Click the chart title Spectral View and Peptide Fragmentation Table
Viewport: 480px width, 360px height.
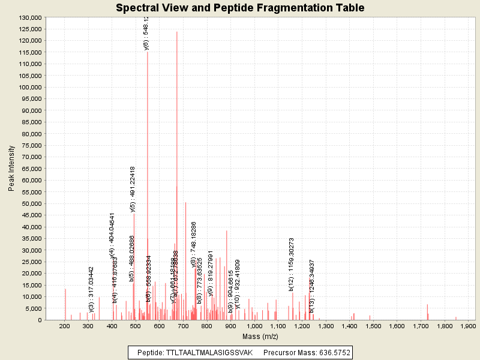[240, 8]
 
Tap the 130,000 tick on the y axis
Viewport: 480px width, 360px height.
[29, 18]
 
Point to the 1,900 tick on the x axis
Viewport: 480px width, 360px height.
[467, 326]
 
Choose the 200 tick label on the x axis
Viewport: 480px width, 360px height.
[64, 326]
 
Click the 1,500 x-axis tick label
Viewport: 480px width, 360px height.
[373, 326]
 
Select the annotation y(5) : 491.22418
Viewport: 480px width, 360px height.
[133, 189]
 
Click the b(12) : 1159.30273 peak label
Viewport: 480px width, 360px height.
[291, 265]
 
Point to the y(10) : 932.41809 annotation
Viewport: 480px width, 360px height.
[238, 284]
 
